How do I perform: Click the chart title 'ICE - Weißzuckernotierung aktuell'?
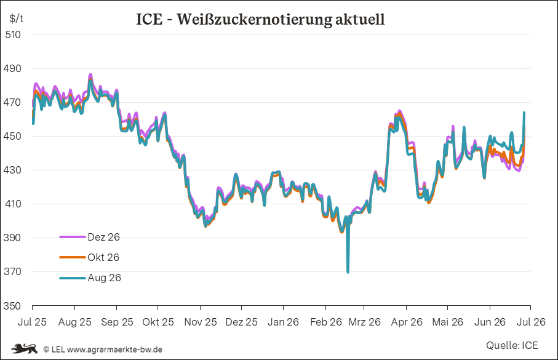pyautogui.click(x=260, y=19)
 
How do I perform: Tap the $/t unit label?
pyautogui.click(x=17, y=18)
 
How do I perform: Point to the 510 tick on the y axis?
pyautogui.click(x=13, y=34)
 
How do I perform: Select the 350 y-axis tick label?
pyautogui.click(x=12, y=306)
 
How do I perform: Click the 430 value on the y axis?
pyautogui.click(x=12, y=170)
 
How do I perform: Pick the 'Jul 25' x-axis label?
pyautogui.click(x=32, y=322)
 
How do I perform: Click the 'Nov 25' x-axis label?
pyautogui.click(x=201, y=322)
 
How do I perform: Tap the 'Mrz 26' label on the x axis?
pyautogui.click(x=364, y=322)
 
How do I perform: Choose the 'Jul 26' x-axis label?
pyautogui.click(x=531, y=322)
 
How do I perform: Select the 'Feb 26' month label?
pyautogui.click(x=325, y=322)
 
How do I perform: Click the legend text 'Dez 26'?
pyautogui.click(x=103, y=237)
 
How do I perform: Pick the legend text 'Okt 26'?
pyautogui.click(x=103, y=257)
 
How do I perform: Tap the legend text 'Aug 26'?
pyautogui.click(x=104, y=278)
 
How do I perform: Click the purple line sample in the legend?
pyautogui.click(x=73, y=237)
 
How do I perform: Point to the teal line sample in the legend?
pyautogui.click(x=73, y=278)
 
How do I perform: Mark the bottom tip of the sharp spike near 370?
pyautogui.click(x=348, y=273)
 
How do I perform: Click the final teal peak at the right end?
pyautogui.click(x=524, y=113)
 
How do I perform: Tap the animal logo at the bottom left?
pyautogui.click(x=24, y=348)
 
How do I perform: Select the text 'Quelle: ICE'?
pyautogui.click(x=512, y=345)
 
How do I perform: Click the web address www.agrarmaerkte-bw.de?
pyautogui.click(x=114, y=350)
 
